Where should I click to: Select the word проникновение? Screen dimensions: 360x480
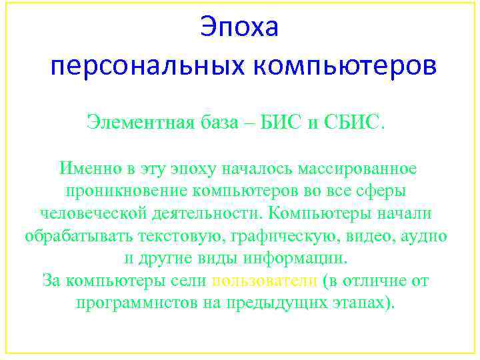pos(125,190)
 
